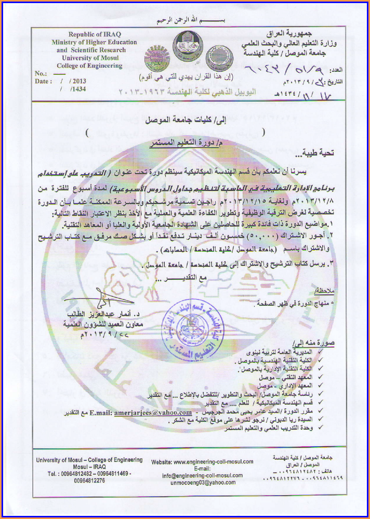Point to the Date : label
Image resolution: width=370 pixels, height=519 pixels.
click(x=44, y=82)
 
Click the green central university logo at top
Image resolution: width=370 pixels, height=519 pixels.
click(x=185, y=45)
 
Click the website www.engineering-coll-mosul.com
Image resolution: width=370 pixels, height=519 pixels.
click(x=202, y=461)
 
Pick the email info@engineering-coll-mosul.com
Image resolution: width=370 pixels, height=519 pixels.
click(x=202, y=475)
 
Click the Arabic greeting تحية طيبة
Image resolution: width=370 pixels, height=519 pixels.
click(x=314, y=153)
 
